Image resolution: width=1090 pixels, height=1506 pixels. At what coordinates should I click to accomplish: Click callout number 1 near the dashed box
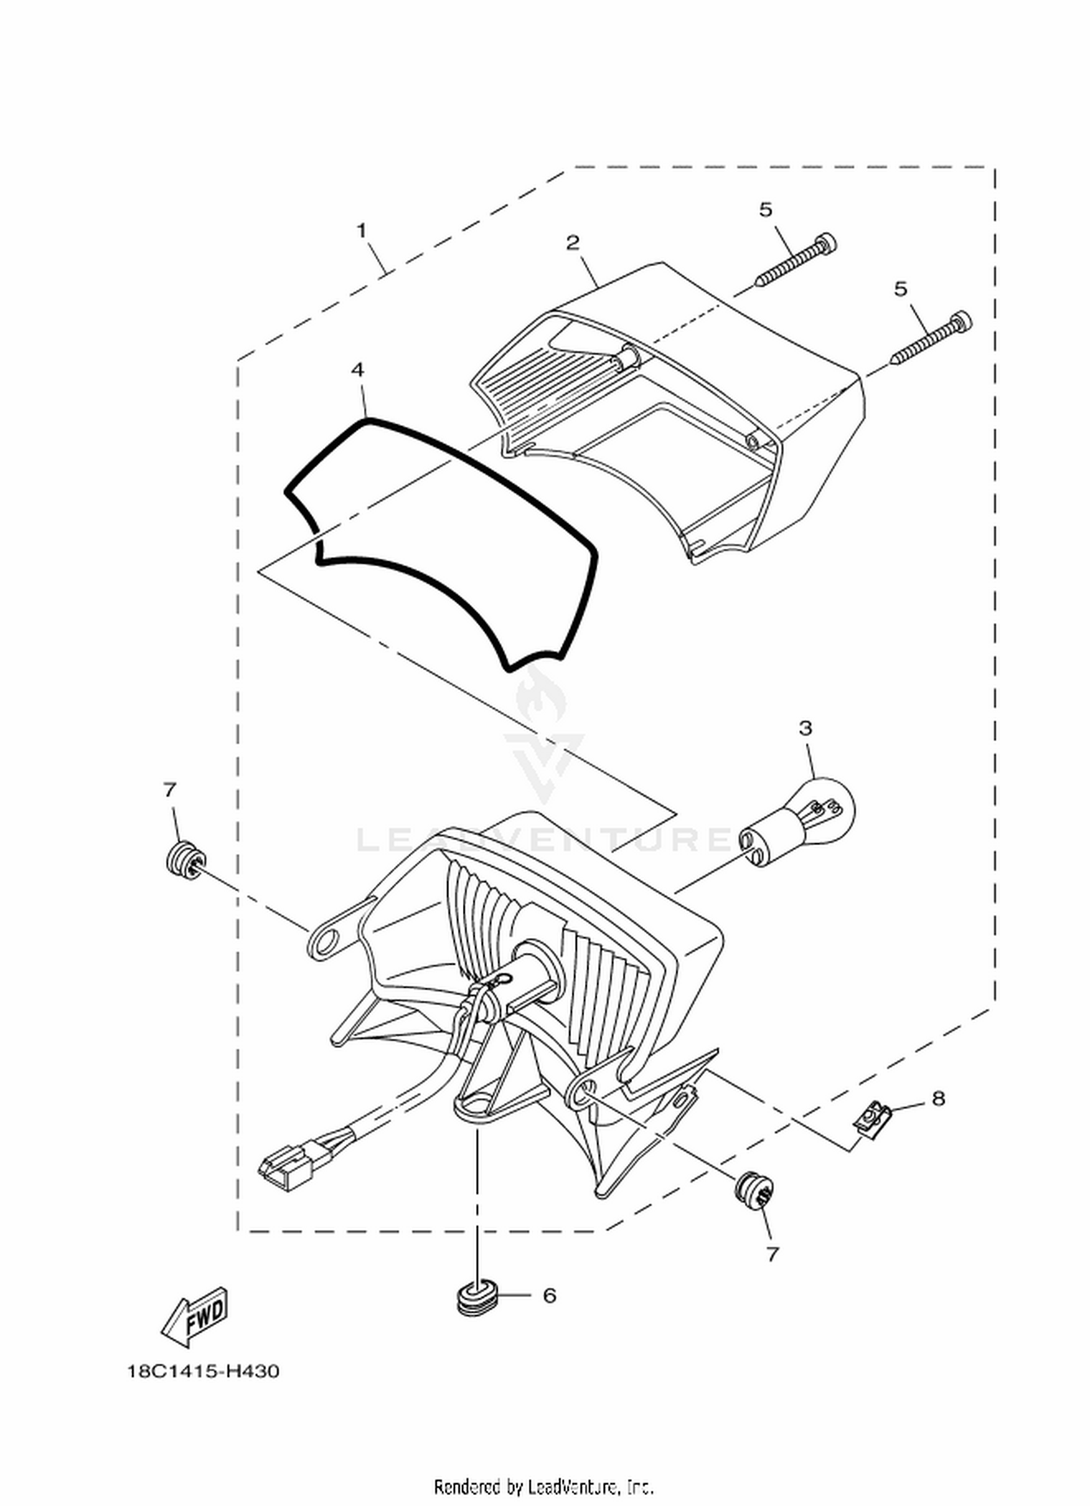tap(361, 231)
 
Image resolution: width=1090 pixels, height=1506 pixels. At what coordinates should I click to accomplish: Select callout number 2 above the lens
tap(573, 242)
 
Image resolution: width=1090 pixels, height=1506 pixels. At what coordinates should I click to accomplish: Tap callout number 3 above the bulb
tap(805, 728)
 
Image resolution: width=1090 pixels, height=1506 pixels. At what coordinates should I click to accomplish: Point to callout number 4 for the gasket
tap(358, 369)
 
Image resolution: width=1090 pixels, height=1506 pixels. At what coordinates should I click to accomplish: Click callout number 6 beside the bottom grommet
tap(549, 1295)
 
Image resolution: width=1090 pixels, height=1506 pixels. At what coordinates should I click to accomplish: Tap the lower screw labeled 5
tap(930, 338)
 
